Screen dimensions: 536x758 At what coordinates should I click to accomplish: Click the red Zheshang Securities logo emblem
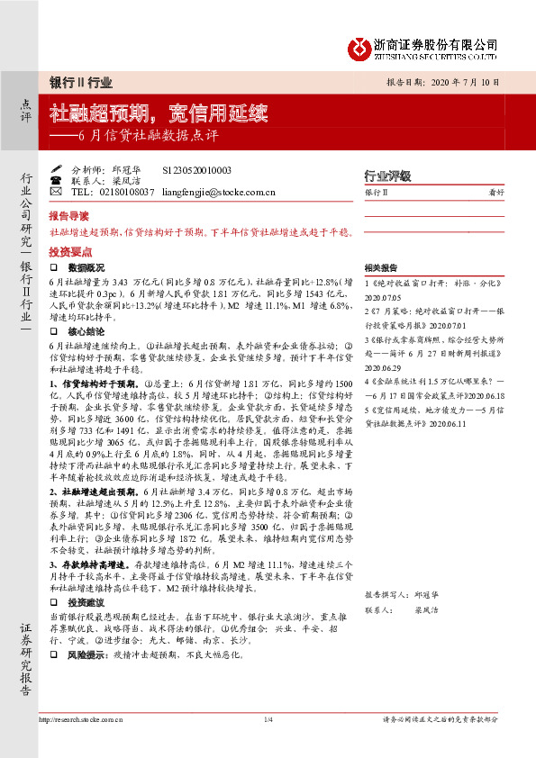click(360, 47)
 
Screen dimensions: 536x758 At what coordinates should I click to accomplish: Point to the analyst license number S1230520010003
click(196, 169)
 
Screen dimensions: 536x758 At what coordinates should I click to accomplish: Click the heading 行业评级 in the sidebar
click(386, 176)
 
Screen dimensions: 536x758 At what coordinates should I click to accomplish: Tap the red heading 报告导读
click(68, 216)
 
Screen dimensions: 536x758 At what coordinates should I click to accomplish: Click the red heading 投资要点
click(68, 252)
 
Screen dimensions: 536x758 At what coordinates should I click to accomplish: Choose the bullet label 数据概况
click(87, 268)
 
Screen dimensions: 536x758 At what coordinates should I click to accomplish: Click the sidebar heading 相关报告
click(382, 268)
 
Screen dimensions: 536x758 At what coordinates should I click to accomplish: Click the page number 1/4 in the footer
click(268, 718)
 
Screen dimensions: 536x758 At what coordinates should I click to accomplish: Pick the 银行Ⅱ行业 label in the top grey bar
click(81, 82)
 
